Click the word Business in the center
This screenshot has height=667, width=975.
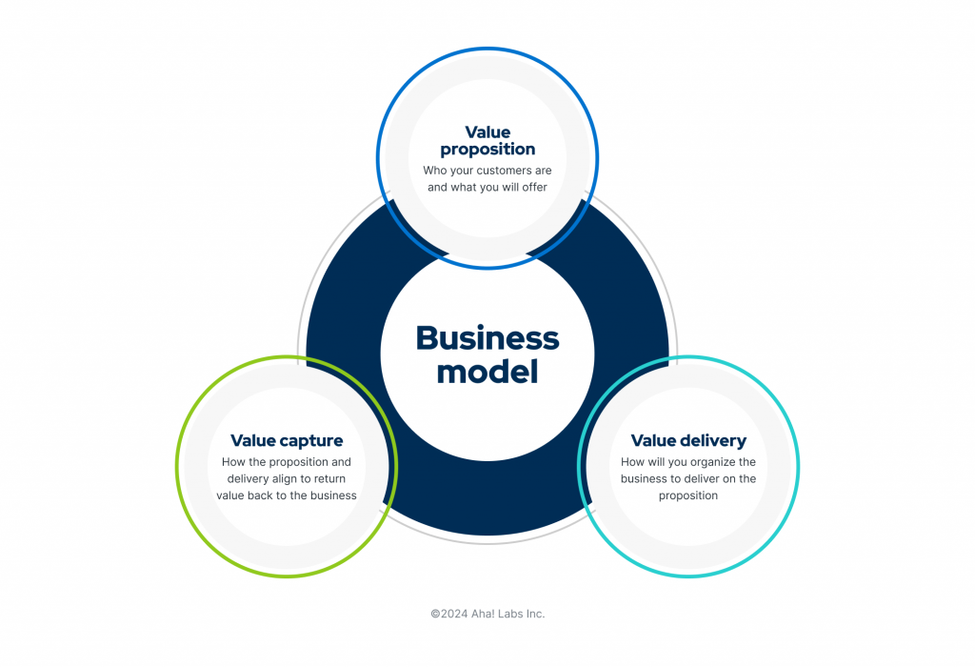(x=487, y=338)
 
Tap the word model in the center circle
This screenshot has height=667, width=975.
(x=487, y=372)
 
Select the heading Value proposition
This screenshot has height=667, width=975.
(x=487, y=140)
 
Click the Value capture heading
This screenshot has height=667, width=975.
(x=287, y=441)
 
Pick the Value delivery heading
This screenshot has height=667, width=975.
(x=688, y=441)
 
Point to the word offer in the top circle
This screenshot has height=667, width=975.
(x=534, y=187)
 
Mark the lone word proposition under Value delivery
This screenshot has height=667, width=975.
(x=688, y=495)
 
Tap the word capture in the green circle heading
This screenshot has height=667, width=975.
(x=312, y=441)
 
